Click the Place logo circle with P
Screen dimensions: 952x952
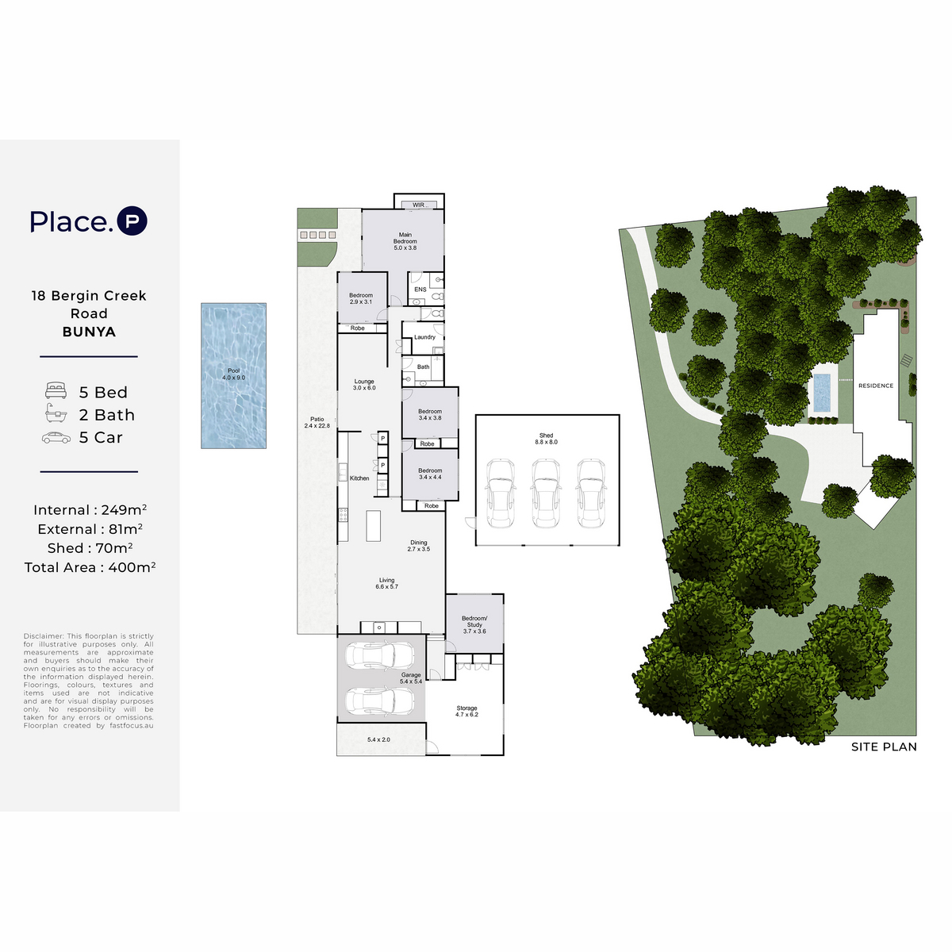coord(132,221)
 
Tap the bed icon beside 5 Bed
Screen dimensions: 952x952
coord(56,391)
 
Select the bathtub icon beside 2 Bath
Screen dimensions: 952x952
coord(56,413)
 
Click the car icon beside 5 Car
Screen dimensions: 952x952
coord(56,438)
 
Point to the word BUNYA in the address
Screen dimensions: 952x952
coord(89,332)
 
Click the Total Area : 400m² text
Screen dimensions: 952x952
coord(90,567)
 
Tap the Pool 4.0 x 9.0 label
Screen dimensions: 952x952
coord(234,374)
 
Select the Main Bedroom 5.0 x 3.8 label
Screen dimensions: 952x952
coord(405,241)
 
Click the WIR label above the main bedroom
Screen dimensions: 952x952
coord(419,205)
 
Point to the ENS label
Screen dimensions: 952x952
coord(420,290)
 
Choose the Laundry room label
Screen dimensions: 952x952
coord(425,337)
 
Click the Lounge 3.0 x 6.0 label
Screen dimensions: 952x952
coord(364,384)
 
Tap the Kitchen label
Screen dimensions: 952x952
coord(359,478)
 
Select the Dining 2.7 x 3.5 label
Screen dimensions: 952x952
coord(418,545)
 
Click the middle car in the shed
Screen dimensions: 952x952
coord(545,493)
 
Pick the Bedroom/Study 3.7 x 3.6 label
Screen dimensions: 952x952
coord(474,624)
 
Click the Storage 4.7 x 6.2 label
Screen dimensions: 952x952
coord(466,711)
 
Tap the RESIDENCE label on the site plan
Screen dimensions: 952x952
coord(875,386)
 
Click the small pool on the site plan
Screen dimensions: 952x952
coord(822,393)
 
